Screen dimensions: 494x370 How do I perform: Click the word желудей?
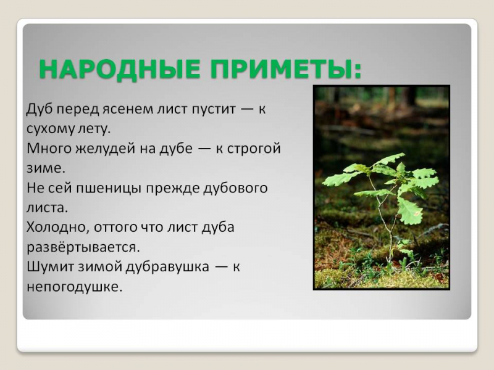coord(93,149)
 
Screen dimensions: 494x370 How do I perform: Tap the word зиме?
coord(45,168)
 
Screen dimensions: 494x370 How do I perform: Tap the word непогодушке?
coord(75,286)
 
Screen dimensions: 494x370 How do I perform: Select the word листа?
coord(46,208)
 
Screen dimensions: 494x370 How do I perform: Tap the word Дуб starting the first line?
coord(38,110)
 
